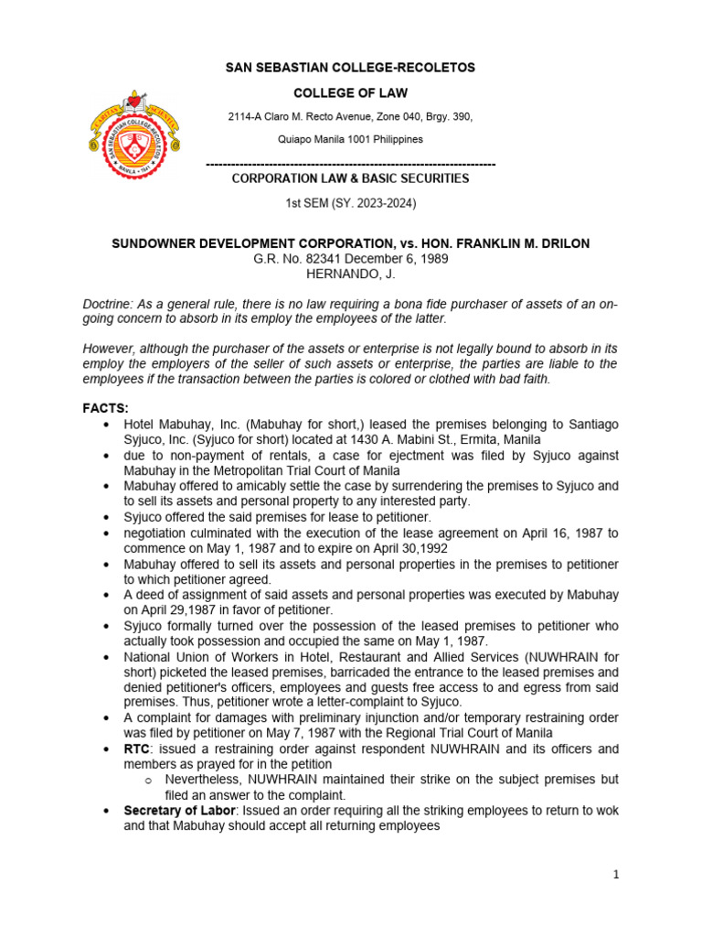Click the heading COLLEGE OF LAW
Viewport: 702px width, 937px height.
(350, 93)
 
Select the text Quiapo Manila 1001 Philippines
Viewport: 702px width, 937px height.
(350, 140)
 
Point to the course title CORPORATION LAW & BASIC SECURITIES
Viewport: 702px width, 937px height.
(350, 178)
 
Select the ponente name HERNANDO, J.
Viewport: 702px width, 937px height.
(350, 274)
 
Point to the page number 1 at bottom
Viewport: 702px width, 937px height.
(616, 875)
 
